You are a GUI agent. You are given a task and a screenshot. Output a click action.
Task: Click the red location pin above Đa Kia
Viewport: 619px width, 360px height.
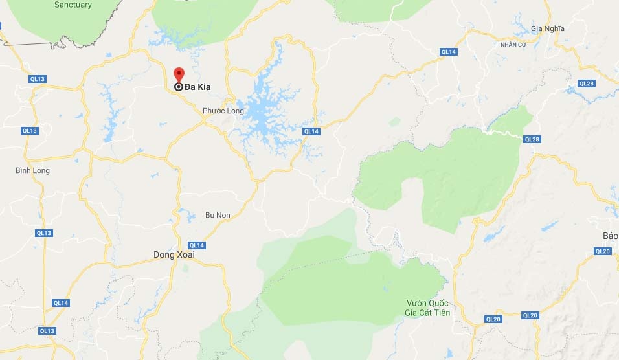pyautogui.click(x=179, y=73)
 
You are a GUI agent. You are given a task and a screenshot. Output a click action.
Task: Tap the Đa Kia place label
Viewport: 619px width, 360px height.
pyautogui.click(x=197, y=87)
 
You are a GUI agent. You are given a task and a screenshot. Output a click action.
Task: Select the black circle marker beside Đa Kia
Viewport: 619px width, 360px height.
pyautogui.click(x=179, y=87)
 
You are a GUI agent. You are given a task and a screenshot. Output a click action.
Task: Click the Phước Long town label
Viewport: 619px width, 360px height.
pyautogui.click(x=223, y=111)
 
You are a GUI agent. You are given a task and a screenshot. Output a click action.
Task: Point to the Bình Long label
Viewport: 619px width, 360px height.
pyautogui.click(x=32, y=170)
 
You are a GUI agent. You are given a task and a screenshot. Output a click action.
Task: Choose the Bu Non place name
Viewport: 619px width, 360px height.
pyautogui.click(x=218, y=215)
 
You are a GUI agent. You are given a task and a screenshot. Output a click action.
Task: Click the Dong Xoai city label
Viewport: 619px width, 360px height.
pyautogui.click(x=174, y=254)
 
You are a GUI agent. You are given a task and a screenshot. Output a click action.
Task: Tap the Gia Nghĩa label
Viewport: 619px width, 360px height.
pyautogui.click(x=548, y=28)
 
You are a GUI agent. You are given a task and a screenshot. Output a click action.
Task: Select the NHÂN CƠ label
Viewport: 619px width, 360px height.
pyautogui.click(x=512, y=45)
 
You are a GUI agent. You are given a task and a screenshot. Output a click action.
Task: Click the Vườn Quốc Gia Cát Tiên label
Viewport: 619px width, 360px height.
pyautogui.click(x=428, y=308)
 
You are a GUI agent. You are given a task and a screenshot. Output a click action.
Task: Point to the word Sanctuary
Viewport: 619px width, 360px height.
pyautogui.click(x=73, y=5)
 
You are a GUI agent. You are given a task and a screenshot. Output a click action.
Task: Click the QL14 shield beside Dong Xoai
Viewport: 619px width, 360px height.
pyautogui.click(x=196, y=245)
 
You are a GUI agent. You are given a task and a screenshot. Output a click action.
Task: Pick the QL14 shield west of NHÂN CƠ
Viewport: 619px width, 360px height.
pyautogui.click(x=448, y=51)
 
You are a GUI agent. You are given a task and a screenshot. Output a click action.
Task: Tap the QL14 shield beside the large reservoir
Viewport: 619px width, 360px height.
pyautogui.click(x=311, y=131)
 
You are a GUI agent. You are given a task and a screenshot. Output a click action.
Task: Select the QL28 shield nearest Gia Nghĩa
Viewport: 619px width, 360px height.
pyautogui.click(x=586, y=83)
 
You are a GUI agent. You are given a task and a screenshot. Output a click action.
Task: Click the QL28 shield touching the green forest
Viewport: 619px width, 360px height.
pyautogui.click(x=532, y=139)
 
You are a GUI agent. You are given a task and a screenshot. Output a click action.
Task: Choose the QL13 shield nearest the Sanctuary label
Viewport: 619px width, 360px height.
pyautogui.click(x=38, y=79)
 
